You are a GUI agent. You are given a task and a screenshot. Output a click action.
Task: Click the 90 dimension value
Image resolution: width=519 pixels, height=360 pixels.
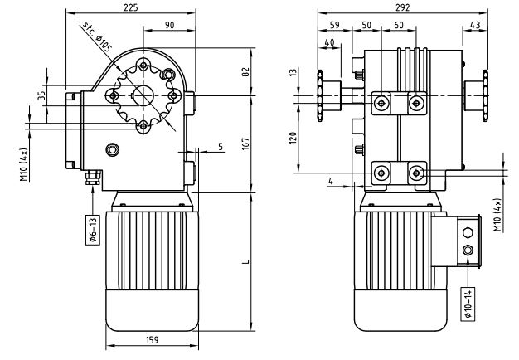[x=169, y=25]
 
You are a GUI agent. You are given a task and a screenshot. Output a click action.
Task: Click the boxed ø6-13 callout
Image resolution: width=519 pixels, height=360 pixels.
[x=93, y=226]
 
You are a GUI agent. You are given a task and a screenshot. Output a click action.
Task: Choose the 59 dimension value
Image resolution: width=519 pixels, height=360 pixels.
[x=334, y=25]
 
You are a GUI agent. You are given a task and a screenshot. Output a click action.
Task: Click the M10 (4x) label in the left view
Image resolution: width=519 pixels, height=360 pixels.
[x=24, y=164]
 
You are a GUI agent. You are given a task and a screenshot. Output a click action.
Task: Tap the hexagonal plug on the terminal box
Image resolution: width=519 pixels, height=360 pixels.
[x=468, y=233]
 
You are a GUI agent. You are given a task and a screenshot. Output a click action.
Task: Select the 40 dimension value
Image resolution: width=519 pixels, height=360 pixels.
[x=330, y=42]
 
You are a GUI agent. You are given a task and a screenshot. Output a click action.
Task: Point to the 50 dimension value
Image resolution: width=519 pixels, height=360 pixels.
[x=366, y=25]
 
